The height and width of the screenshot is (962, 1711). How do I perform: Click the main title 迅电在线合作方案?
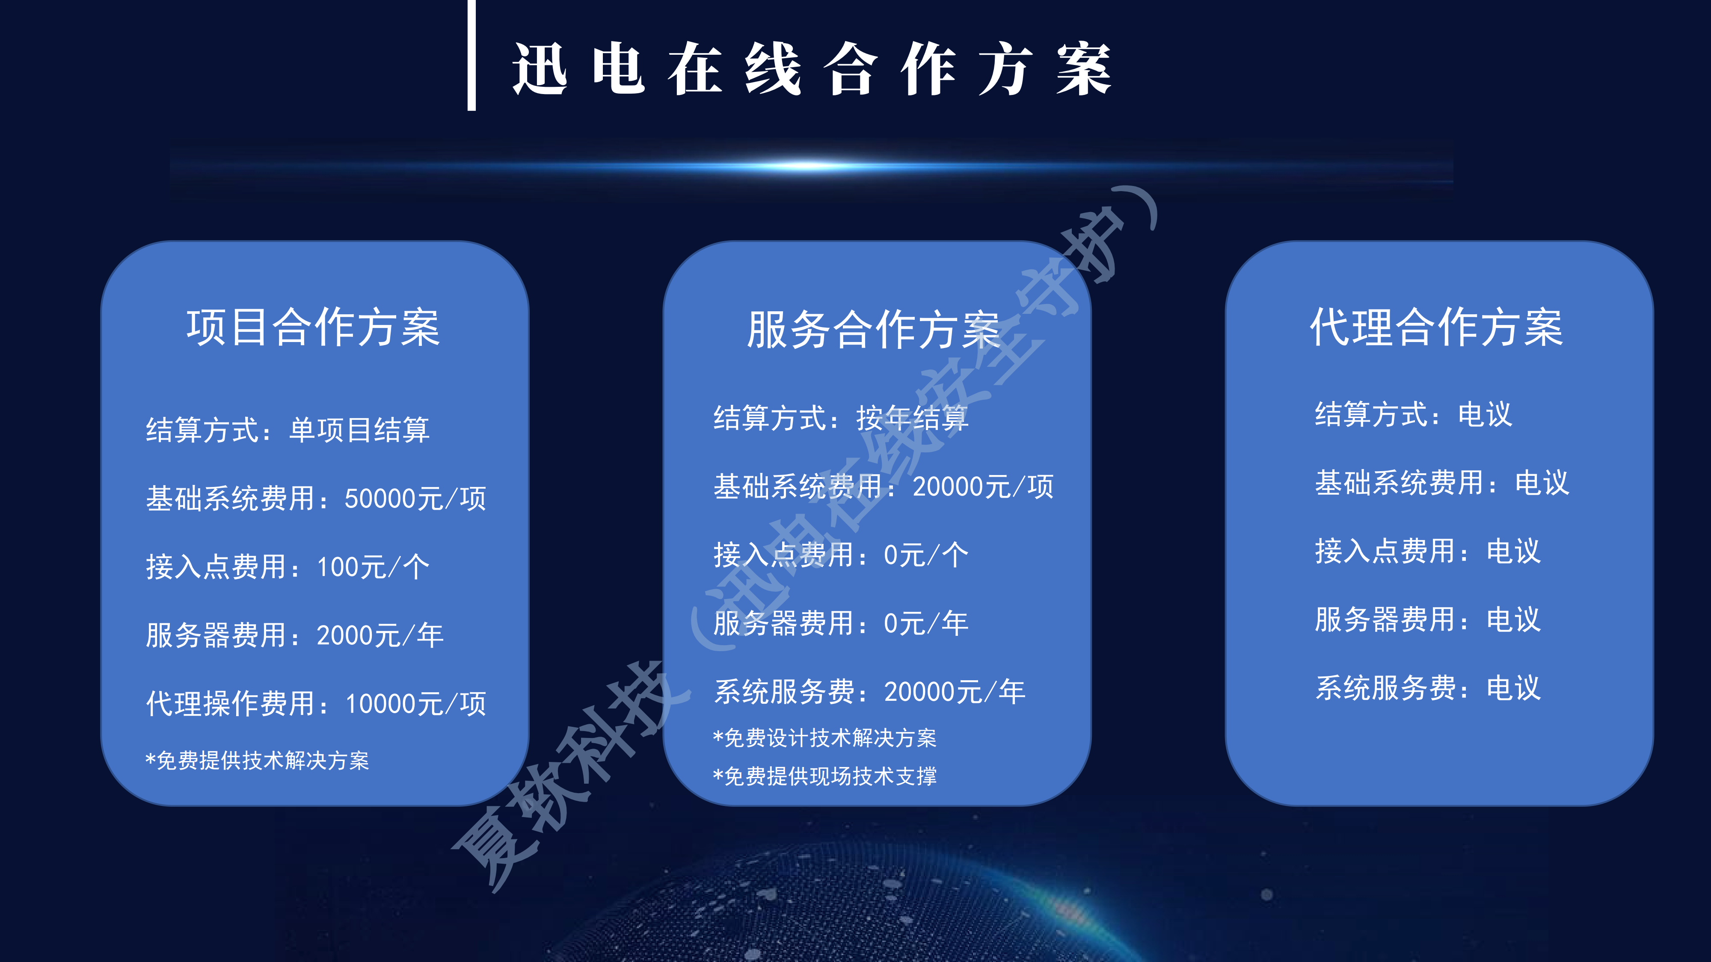812,68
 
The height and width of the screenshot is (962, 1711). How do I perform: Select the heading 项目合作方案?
314,328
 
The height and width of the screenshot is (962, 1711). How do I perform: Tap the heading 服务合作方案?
874,330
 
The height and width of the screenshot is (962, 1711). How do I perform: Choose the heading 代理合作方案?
1437,328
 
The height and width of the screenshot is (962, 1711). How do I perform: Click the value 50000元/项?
415,499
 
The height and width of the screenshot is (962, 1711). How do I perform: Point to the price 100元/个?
373,567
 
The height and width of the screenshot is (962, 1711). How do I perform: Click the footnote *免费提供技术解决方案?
257,760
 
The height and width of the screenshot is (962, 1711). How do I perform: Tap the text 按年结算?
913,418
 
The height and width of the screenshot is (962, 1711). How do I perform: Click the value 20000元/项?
983,487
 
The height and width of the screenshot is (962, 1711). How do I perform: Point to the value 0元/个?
926,555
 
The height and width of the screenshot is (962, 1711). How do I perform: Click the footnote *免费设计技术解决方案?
824,738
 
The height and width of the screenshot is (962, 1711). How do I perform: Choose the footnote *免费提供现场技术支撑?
824,776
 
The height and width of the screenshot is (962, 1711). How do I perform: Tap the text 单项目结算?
359,430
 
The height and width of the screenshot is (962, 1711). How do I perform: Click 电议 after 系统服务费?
1514,688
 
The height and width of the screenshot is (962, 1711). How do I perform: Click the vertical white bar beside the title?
471,55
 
